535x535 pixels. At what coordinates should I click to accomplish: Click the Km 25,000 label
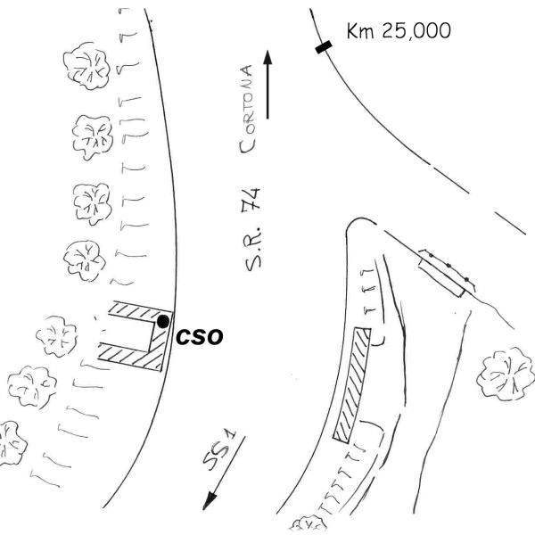point(399,31)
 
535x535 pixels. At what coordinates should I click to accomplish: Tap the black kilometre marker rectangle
point(324,47)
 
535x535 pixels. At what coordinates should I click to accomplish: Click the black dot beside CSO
point(163,321)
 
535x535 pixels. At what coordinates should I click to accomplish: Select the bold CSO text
point(199,336)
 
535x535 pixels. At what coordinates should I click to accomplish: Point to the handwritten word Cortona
point(247,109)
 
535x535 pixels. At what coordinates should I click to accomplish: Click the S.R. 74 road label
point(251,230)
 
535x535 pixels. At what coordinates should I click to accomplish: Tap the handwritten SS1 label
point(218,450)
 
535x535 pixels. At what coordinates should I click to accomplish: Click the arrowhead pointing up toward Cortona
point(267,57)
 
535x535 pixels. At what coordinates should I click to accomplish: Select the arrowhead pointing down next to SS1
point(209,502)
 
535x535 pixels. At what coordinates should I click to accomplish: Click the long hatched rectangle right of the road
point(352,385)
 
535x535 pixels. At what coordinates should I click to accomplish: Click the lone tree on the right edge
point(506,374)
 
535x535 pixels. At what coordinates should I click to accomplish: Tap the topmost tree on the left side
point(86,65)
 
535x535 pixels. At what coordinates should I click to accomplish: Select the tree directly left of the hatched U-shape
point(57,336)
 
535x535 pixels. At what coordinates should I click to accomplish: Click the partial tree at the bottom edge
point(309,525)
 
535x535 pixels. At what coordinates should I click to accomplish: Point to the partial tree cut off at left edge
point(12,443)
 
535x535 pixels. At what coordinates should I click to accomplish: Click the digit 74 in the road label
point(251,198)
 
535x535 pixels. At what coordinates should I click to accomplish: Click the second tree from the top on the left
point(93,137)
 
